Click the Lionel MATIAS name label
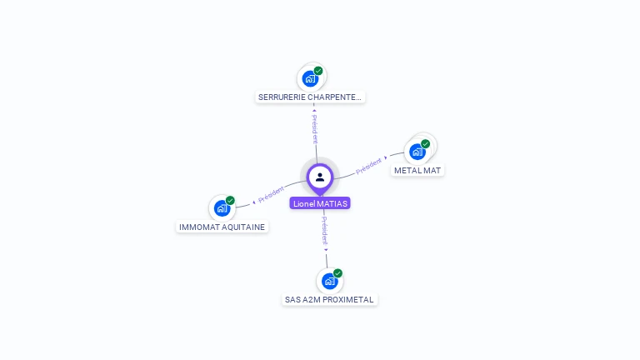coord(320,203)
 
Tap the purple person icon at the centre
coord(320,177)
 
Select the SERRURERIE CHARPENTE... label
coord(310,97)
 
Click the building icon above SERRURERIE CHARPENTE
coord(310,79)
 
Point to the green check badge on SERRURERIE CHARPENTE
coord(318,71)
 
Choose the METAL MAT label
coord(417,170)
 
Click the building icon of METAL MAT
coord(417,152)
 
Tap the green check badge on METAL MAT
coord(425,144)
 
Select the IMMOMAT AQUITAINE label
coord(222,227)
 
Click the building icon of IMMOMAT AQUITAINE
coord(222,208)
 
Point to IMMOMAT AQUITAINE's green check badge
coord(230,200)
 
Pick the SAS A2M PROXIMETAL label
coord(329,299)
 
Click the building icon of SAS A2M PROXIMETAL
coord(329,281)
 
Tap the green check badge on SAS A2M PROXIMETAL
coord(337,273)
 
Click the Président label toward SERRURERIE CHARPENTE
coord(315,128)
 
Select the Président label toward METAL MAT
coord(368,165)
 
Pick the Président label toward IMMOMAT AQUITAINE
coord(272,195)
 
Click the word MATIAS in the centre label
coord(332,203)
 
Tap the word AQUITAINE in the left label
coord(242,227)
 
